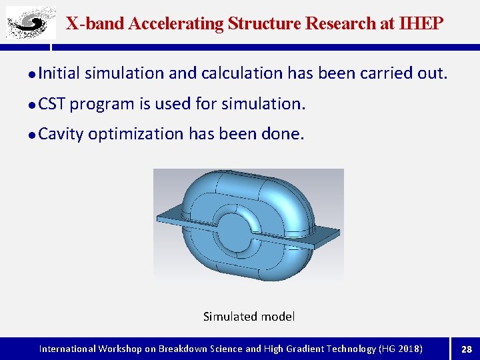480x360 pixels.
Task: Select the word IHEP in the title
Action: pyautogui.click(x=421, y=24)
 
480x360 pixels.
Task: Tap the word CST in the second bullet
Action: pyautogui.click(x=52, y=104)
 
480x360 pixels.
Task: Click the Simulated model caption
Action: pyautogui.click(x=249, y=317)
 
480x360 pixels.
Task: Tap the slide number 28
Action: pyautogui.click(x=467, y=349)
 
